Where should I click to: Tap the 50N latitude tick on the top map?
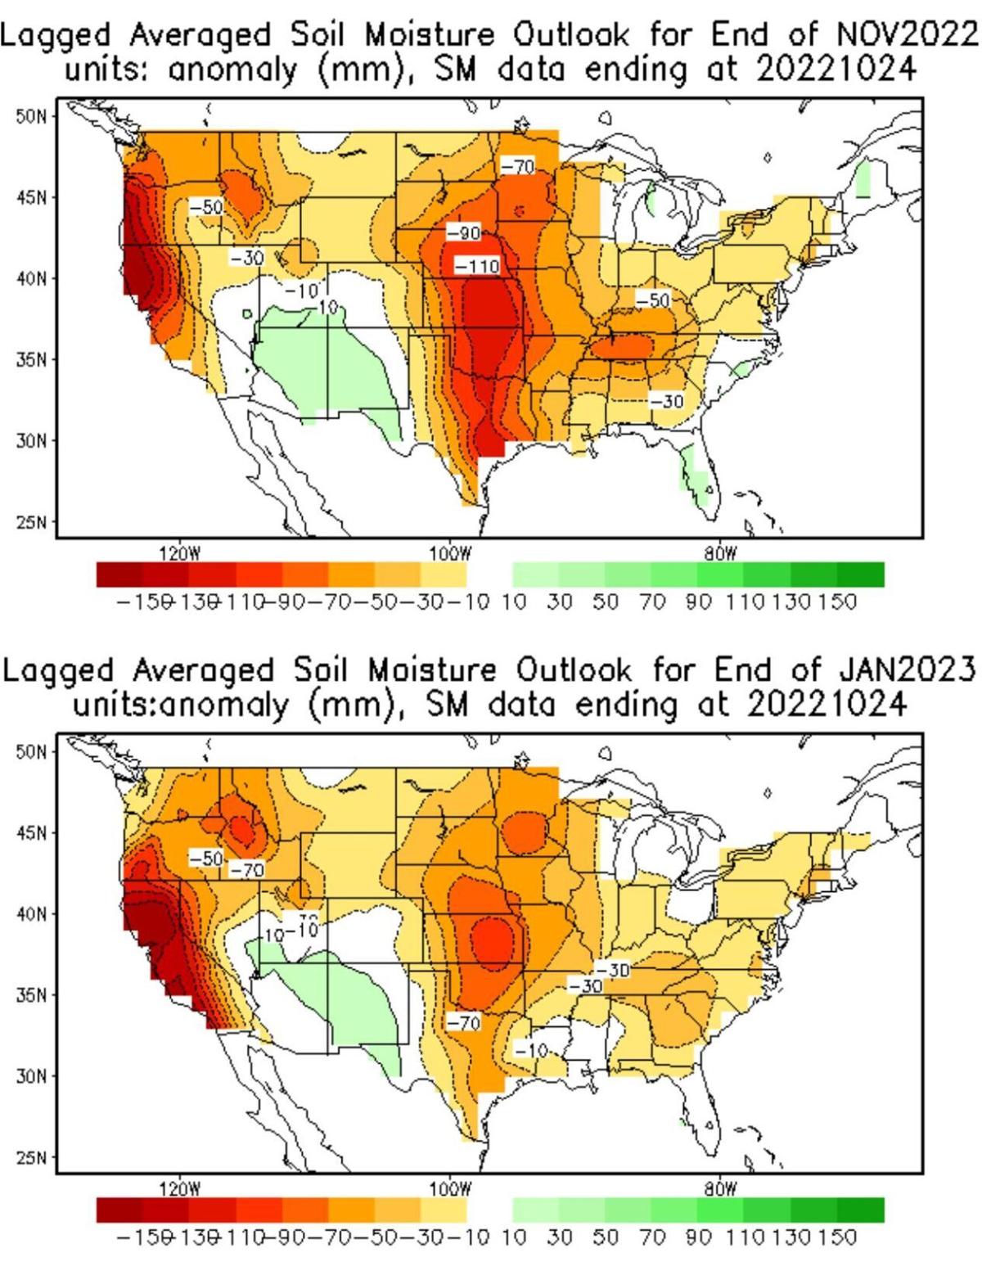29,116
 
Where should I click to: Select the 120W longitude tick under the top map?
178,551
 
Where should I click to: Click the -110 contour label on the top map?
476,266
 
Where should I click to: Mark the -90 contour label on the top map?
464,233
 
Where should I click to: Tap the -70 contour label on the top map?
517,167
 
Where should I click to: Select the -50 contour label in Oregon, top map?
205,207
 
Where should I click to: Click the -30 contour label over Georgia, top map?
666,400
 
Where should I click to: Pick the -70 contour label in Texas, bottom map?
463,1021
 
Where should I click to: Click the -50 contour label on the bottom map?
205,859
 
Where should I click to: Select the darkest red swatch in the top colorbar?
119,575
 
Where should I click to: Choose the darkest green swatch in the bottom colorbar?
861,1210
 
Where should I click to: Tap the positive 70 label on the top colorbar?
652,603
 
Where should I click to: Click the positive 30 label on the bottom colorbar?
559,1237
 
